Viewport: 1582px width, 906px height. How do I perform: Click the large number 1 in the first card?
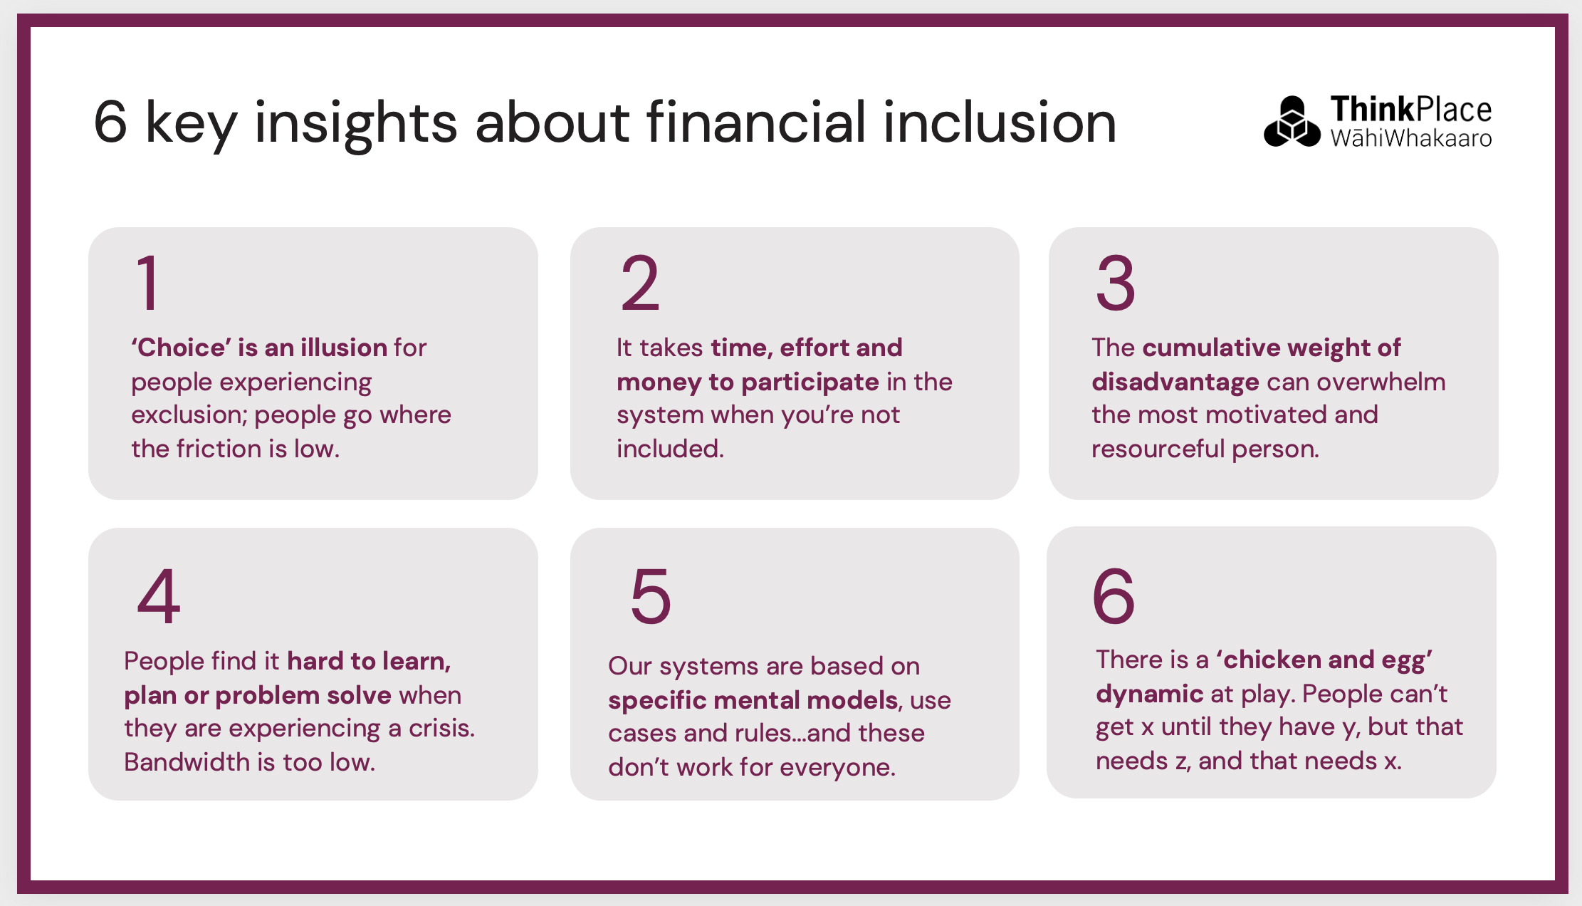pyautogui.click(x=148, y=283)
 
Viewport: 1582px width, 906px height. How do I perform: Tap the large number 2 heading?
pyautogui.click(x=640, y=283)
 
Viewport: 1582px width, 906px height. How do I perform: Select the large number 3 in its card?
pyautogui.click(x=1116, y=283)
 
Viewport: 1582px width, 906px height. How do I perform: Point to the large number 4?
pyautogui.click(x=159, y=596)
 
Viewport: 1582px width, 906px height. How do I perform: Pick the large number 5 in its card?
pyautogui.click(x=651, y=596)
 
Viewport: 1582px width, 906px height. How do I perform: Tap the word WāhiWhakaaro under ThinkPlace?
pyautogui.click(x=1411, y=137)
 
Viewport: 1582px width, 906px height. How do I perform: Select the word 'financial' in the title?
pyautogui.click(x=756, y=123)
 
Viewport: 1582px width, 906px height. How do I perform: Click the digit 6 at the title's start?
pyautogui.click(x=110, y=123)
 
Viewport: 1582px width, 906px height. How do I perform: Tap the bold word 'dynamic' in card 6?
pyautogui.click(x=1150, y=694)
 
